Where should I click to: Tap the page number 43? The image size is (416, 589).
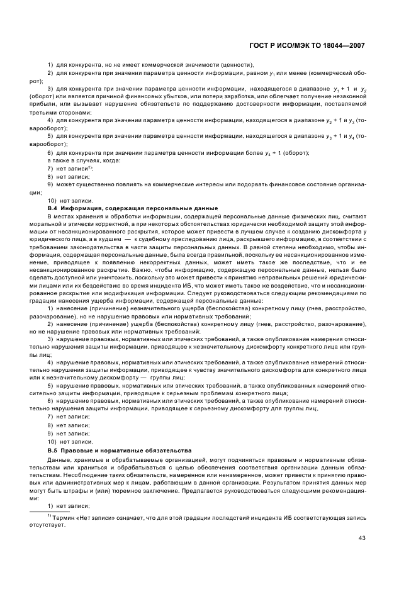(362, 537)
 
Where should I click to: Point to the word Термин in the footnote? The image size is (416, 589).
(67, 517)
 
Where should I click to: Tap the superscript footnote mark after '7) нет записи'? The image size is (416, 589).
(90, 167)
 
